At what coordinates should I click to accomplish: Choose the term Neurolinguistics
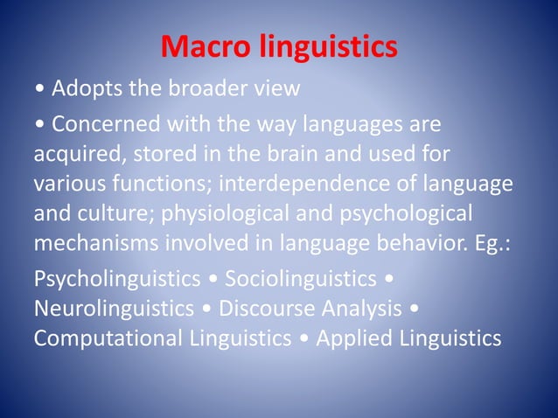click(114, 309)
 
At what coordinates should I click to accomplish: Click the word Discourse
click(262, 309)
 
